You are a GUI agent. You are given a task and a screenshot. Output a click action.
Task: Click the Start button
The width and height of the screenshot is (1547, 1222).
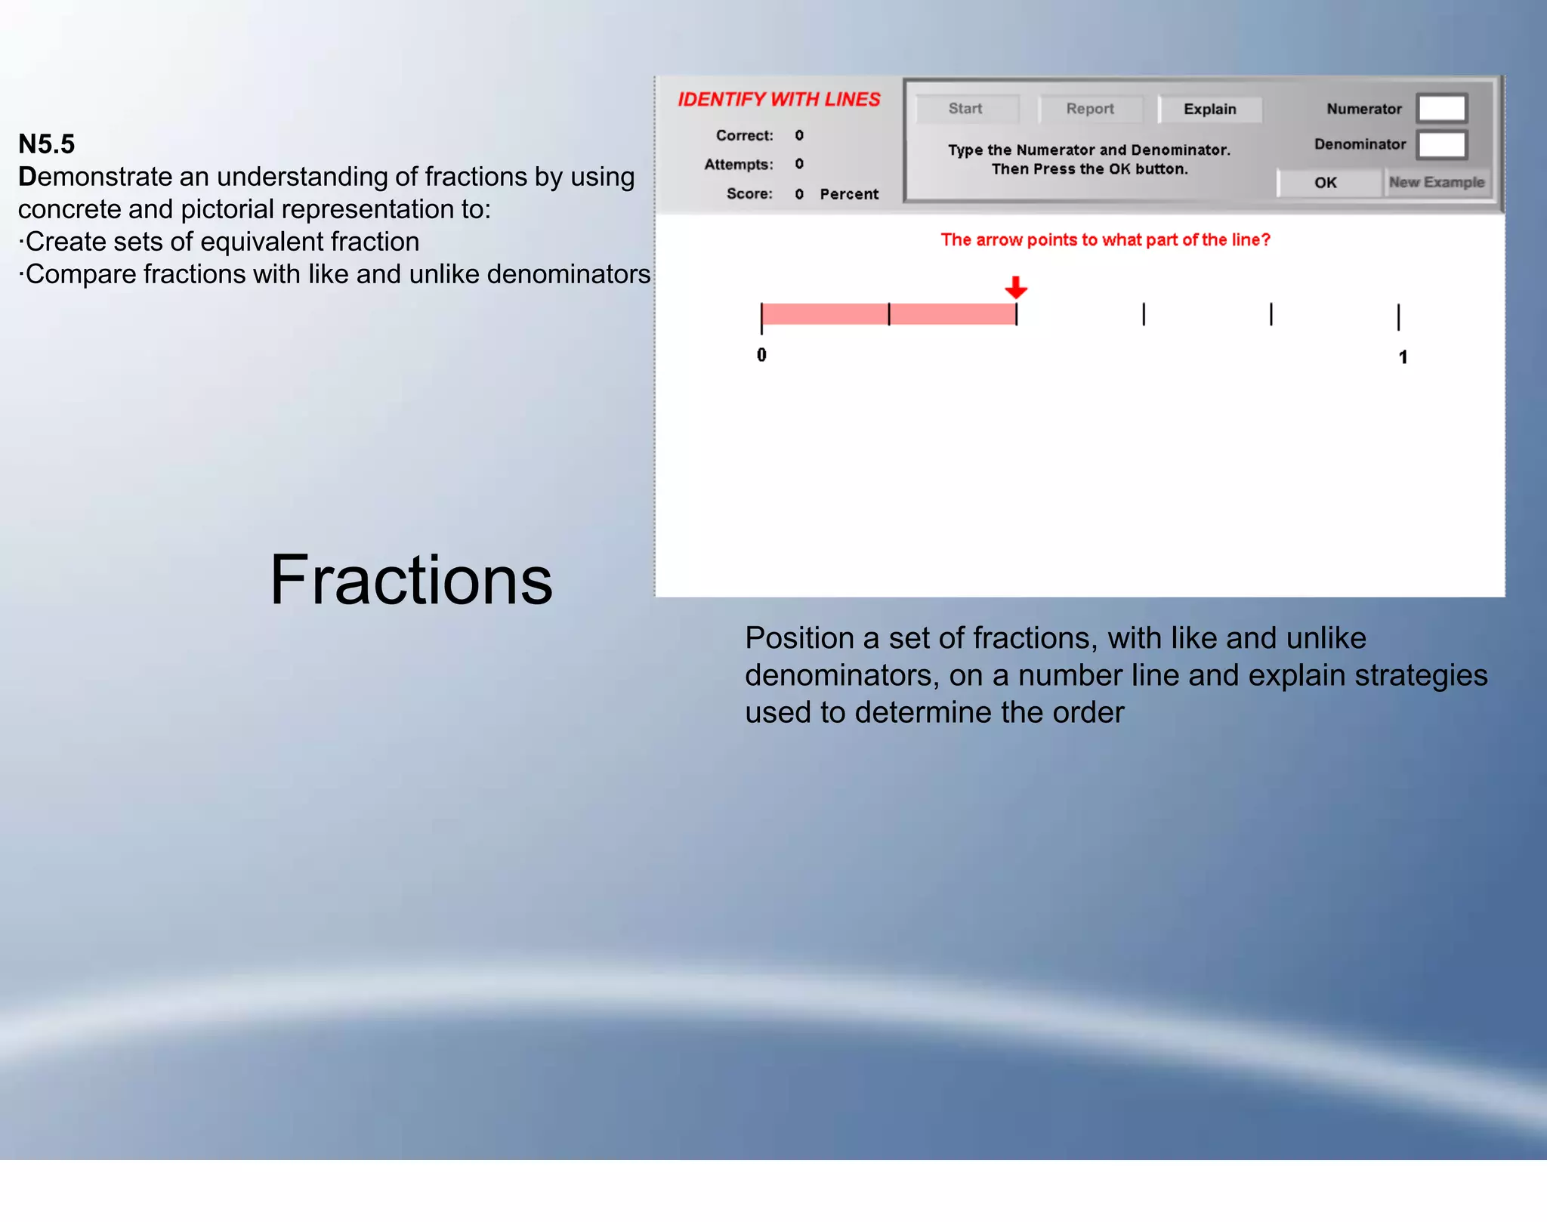coord(965,109)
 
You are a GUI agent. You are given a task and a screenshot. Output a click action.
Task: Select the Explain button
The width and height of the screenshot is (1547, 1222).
coord(1209,110)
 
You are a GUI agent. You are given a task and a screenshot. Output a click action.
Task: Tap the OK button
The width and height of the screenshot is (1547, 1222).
coord(1326,183)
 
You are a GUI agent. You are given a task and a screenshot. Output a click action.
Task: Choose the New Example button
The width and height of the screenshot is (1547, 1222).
coord(1436,183)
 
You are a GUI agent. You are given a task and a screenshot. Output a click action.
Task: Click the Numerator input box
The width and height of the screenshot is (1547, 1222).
coord(1441,109)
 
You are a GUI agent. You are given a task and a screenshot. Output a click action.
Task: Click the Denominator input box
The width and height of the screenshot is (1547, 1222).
coord(1441,144)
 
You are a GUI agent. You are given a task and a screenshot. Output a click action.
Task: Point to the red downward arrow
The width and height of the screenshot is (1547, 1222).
coord(1016,287)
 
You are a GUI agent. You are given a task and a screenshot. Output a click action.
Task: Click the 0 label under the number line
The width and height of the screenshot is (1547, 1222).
coord(761,355)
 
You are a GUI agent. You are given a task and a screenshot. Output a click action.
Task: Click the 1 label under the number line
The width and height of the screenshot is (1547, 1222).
coord(1403,357)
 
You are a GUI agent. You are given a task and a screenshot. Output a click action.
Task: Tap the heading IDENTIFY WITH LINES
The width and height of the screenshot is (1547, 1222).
coord(779,100)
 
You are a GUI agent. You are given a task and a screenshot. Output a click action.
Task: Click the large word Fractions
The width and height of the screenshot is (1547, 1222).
coord(412,580)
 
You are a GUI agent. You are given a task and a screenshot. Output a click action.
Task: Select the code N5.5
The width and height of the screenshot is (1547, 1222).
coord(47,143)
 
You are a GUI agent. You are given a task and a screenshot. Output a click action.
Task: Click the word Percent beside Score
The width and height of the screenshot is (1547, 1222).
coord(849,194)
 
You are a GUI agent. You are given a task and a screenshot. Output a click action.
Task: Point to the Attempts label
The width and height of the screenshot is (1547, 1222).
coord(738,165)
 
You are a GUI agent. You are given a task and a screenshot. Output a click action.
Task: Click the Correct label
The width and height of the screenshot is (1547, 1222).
coord(744,136)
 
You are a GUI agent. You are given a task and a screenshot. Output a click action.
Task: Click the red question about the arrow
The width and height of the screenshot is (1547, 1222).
coord(1105,240)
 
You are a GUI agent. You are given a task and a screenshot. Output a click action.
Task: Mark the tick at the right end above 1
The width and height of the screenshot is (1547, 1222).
coord(1398,316)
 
